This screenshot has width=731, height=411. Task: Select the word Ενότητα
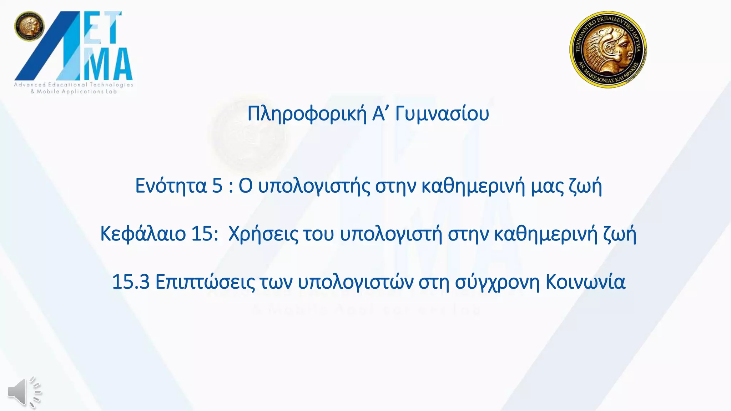click(171, 186)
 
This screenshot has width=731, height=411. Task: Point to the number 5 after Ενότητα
click(217, 186)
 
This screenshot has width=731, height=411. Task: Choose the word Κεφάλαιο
click(143, 234)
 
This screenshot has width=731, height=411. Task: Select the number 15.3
click(131, 282)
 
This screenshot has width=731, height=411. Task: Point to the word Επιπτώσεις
click(205, 282)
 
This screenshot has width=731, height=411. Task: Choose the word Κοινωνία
click(585, 282)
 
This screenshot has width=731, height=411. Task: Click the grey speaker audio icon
click(24, 392)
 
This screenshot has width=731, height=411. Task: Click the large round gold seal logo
click(608, 49)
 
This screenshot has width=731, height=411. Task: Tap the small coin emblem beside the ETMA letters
click(29, 26)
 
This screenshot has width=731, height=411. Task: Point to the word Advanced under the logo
click(30, 85)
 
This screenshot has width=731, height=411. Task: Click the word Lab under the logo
click(111, 92)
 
